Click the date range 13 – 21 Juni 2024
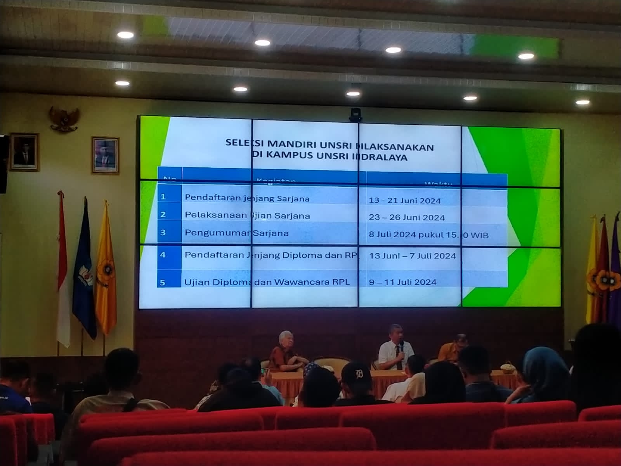[405, 201]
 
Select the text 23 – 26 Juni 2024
[407, 217]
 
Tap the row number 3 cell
[163, 233]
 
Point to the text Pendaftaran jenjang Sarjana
[247, 198]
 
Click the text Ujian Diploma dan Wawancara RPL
[267, 282]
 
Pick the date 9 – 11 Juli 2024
[402, 282]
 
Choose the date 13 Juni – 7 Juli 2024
[412, 256]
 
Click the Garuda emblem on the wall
[64, 118]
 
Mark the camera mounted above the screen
[355, 115]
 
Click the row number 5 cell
[163, 282]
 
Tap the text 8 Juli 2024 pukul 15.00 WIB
[428, 235]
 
